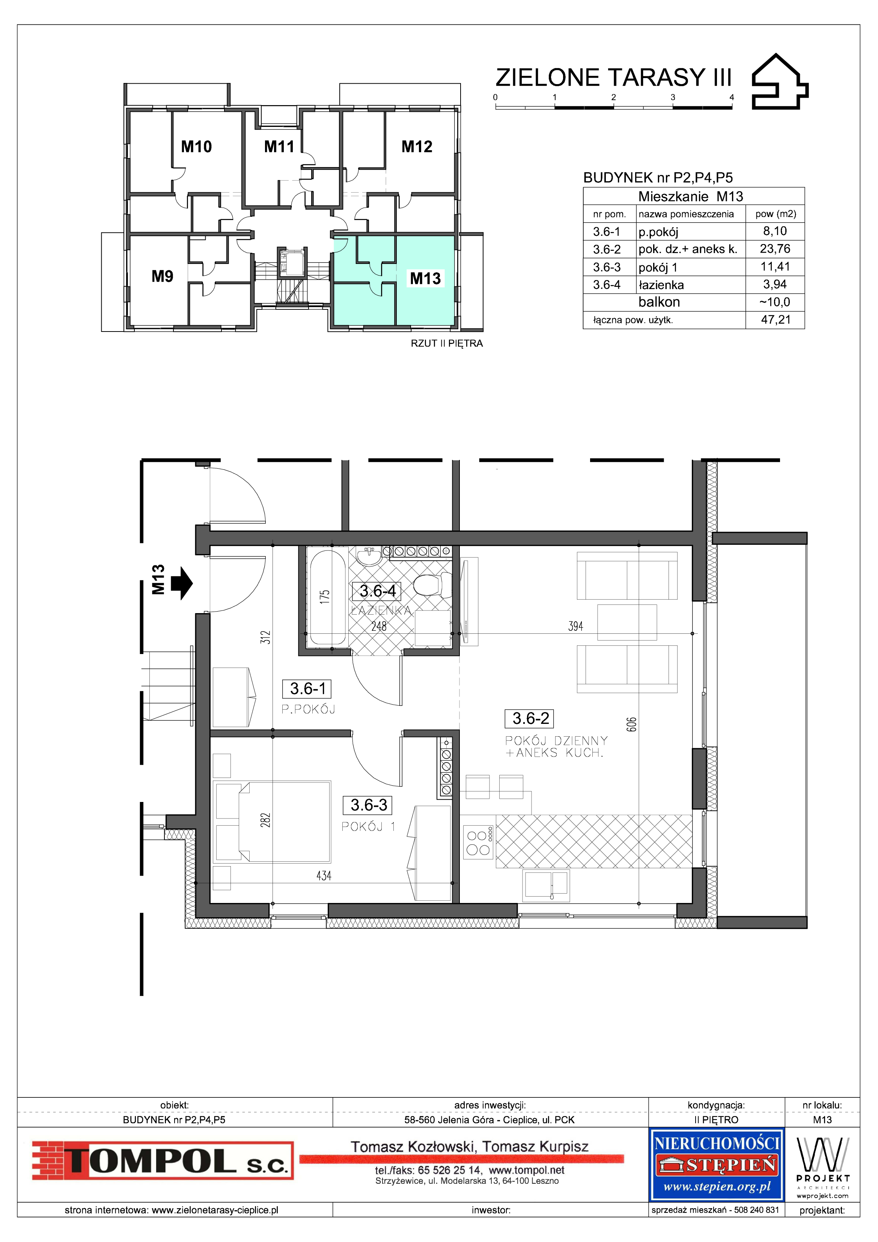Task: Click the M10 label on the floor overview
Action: pyautogui.click(x=196, y=146)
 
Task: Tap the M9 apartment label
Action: pyautogui.click(x=162, y=276)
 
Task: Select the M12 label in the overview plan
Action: pyautogui.click(x=417, y=146)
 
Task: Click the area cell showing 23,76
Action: pyautogui.click(x=775, y=249)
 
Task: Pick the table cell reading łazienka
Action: pyautogui.click(x=661, y=285)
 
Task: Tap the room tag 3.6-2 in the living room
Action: pyautogui.click(x=531, y=718)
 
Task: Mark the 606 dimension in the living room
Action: pyautogui.click(x=632, y=724)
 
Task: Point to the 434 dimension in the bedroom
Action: pyautogui.click(x=324, y=875)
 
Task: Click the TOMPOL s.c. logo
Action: pyautogui.click(x=162, y=1160)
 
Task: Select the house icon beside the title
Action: pyautogui.click(x=780, y=81)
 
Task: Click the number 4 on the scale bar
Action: pyautogui.click(x=731, y=97)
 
